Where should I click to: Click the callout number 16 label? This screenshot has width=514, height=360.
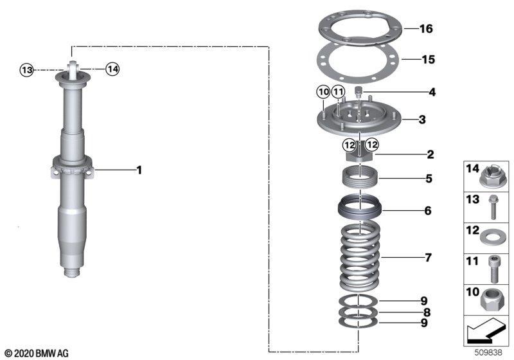pyautogui.click(x=426, y=28)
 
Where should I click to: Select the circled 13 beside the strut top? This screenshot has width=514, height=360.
pyautogui.click(x=27, y=70)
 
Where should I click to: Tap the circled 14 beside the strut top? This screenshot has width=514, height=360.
pyautogui.click(x=112, y=69)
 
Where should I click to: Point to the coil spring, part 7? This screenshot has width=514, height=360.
pyautogui.click(x=360, y=255)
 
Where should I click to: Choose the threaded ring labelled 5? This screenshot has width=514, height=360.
pyautogui.click(x=360, y=177)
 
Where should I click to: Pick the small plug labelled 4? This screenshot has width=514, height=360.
pyautogui.click(x=359, y=92)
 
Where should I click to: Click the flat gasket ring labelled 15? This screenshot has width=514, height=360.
pyautogui.click(x=358, y=62)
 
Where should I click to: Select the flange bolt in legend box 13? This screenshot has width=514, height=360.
pyautogui.click(x=492, y=207)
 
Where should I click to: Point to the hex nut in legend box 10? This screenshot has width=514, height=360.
pyautogui.click(x=493, y=300)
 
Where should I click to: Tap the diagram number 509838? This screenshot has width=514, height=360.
pyautogui.click(x=488, y=352)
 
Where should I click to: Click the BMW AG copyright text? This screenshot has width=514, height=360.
pyautogui.click(x=37, y=354)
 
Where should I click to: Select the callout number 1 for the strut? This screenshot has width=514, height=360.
pyautogui.click(x=139, y=170)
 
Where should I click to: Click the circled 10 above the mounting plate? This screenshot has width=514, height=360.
pyautogui.click(x=324, y=92)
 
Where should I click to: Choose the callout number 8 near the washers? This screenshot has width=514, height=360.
pyautogui.click(x=427, y=312)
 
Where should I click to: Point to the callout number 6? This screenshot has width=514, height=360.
pyautogui.click(x=427, y=210)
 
